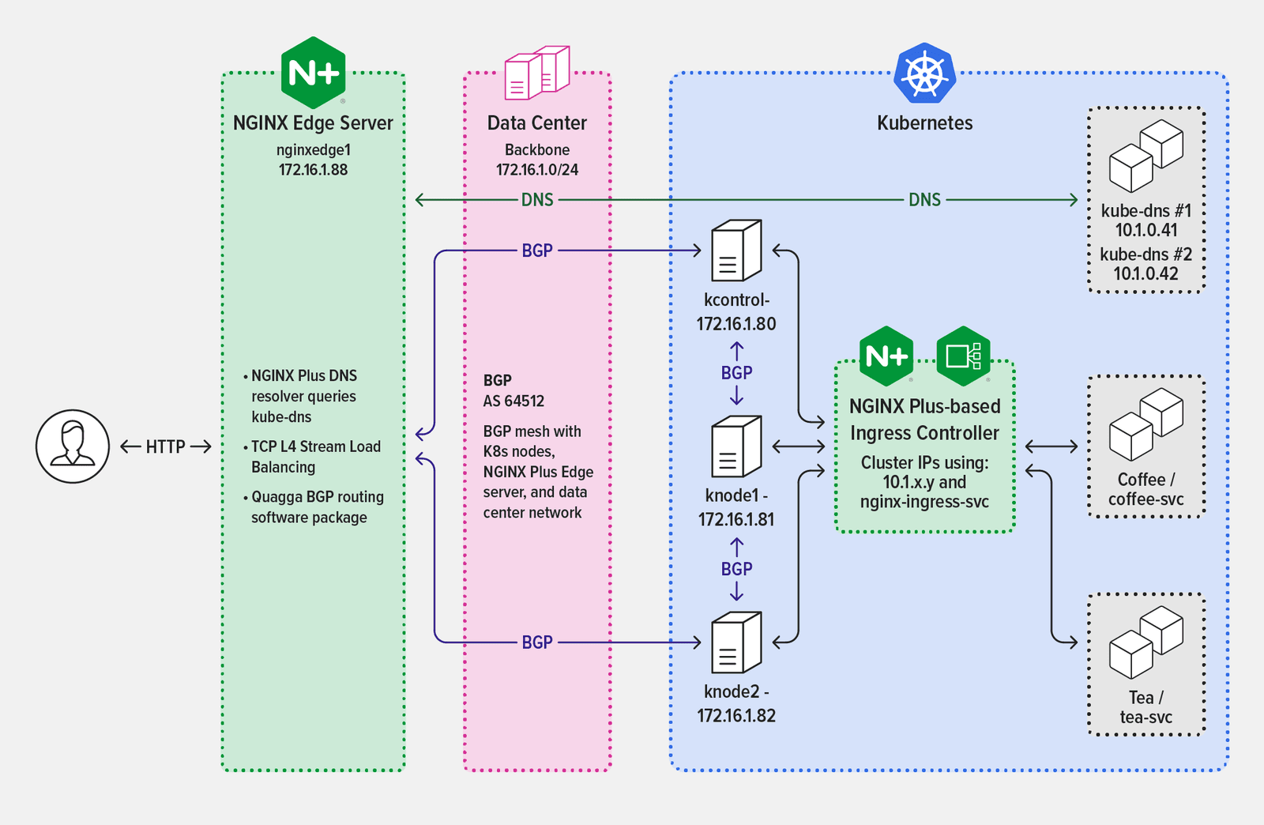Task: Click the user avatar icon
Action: (72, 446)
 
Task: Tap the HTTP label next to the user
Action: (165, 447)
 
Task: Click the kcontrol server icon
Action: (736, 251)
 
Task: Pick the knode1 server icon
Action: (736, 447)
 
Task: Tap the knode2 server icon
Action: (736, 642)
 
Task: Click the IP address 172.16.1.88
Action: (313, 170)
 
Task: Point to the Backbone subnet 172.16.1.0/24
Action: (537, 170)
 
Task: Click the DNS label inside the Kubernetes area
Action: (924, 200)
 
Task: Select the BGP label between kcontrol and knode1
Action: (736, 373)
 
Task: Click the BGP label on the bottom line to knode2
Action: (537, 642)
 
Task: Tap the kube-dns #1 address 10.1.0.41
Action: (1145, 231)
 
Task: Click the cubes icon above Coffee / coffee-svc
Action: (1145, 424)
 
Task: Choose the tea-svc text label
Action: (1145, 718)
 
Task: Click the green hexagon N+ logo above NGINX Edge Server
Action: (314, 73)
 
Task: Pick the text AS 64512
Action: (513, 401)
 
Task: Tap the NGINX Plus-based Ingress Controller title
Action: (924, 420)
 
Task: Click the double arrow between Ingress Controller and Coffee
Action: (1051, 447)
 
